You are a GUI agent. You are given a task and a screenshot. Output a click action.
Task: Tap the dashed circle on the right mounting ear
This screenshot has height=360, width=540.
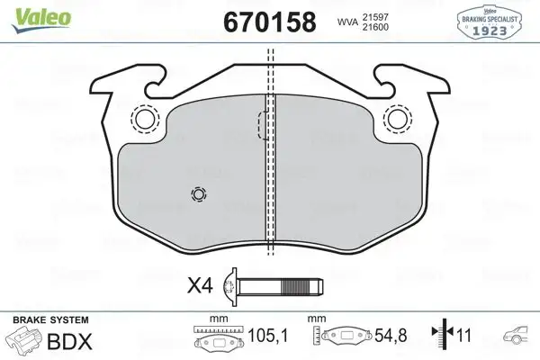pos(396,119)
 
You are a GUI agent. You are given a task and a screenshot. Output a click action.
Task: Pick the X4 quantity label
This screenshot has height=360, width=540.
pos(199,287)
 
